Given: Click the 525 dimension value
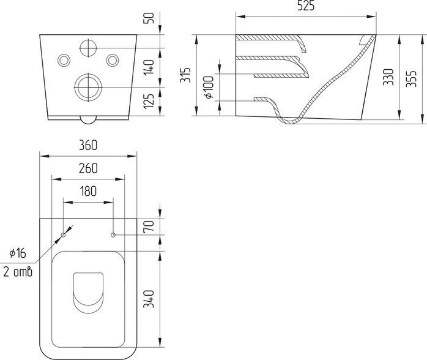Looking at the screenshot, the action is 305,6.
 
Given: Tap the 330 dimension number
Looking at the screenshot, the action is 388,77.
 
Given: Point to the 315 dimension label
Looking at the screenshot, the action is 185,75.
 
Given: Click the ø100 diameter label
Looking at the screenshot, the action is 209,87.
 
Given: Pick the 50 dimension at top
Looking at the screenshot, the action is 149,18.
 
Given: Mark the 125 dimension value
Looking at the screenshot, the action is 149,101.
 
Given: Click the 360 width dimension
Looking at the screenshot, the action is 88,145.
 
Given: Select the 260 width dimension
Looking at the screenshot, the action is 88,168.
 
